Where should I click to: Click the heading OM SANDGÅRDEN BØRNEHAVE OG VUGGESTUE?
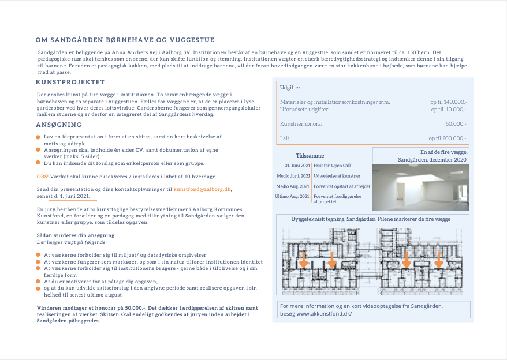(125, 40)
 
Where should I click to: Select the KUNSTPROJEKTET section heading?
(70, 82)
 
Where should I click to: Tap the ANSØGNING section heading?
(58, 125)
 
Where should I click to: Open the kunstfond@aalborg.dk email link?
(202, 189)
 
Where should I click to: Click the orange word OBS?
(42, 176)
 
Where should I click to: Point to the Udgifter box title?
(290, 88)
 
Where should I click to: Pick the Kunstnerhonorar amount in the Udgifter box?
(456, 124)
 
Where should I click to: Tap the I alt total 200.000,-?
(447, 138)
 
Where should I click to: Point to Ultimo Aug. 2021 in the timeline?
(293, 197)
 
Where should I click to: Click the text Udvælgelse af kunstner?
(337, 175)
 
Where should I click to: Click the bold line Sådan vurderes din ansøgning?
(76, 235)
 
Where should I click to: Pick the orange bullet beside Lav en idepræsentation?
(38, 137)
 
